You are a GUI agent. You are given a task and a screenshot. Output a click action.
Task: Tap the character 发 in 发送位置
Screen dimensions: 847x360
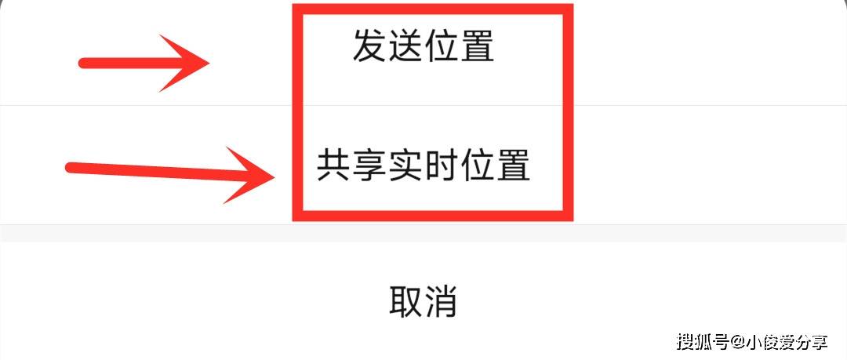[x=370, y=45]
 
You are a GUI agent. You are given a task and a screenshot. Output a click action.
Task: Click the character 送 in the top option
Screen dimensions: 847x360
[x=405, y=45]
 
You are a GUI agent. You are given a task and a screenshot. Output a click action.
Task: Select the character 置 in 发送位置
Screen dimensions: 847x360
[x=477, y=45]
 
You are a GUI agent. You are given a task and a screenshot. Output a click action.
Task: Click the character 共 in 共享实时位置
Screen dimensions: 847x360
[x=334, y=165]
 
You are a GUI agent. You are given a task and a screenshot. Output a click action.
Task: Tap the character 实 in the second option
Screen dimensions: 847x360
[x=405, y=165]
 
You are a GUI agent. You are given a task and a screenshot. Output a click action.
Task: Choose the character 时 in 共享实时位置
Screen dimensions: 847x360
[x=442, y=165]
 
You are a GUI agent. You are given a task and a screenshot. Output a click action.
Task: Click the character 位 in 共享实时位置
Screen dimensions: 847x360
[x=477, y=165]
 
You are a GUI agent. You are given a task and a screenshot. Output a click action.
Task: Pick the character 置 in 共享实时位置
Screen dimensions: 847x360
[x=513, y=165]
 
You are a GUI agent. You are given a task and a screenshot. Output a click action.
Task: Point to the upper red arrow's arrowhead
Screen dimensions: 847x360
[x=209, y=63]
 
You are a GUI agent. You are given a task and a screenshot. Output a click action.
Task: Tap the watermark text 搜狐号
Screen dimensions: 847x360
[x=704, y=342]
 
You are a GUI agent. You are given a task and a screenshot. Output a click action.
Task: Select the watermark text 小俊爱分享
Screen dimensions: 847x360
[x=788, y=342]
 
